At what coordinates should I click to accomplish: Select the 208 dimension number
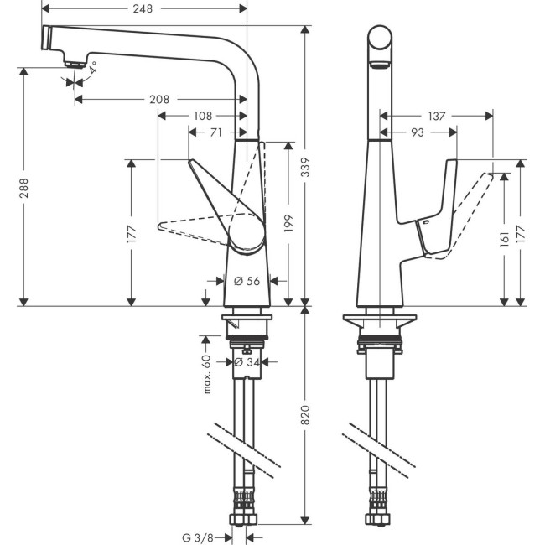click(158, 99)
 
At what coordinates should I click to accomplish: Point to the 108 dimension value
click(202, 115)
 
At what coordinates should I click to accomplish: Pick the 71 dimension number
click(215, 132)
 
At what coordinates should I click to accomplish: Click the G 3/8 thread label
click(205, 537)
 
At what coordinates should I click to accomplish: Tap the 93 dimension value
click(418, 132)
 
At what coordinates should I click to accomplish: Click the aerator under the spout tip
click(75, 62)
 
